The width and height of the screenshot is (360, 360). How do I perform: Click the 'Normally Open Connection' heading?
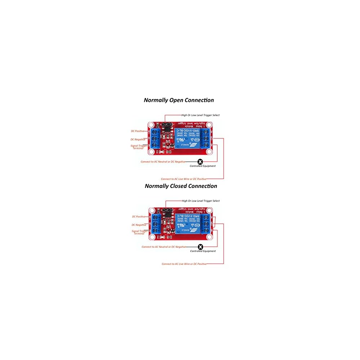pyautogui.click(x=179, y=100)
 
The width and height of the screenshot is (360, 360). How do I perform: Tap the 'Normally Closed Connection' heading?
pyautogui.click(x=181, y=186)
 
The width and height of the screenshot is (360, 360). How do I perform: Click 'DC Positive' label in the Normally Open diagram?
pyautogui.click(x=137, y=131)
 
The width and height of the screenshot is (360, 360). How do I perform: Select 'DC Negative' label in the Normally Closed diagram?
pyautogui.click(x=139, y=225)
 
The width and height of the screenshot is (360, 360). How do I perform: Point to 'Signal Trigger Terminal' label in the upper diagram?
pyautogui.click(x=138, y=147)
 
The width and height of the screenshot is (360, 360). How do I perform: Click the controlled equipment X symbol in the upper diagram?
pyautogui.click(x=200, y=162)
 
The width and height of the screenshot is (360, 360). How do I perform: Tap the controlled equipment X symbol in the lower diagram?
pyautogui.click(x=201, y=247)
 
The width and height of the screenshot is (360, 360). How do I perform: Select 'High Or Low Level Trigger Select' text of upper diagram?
pyautogui.click(x=200, y=115)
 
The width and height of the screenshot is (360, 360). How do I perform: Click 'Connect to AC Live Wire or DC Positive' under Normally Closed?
pyautogui.click(x=184, y=264)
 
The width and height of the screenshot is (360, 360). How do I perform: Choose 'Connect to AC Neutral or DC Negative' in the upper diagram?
pyautogui.click(x=163, y=162)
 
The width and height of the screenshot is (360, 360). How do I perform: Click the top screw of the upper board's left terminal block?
pyautogui.click(x=155, y=131)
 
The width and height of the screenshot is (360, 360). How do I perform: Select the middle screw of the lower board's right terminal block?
pyautogui.click(x=207, y=223)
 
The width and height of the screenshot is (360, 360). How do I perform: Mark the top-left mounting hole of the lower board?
pyautogui.click(x=153, y=210)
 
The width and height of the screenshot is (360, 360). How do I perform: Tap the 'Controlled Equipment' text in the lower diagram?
pyautogui.click(x=203, y=251)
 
